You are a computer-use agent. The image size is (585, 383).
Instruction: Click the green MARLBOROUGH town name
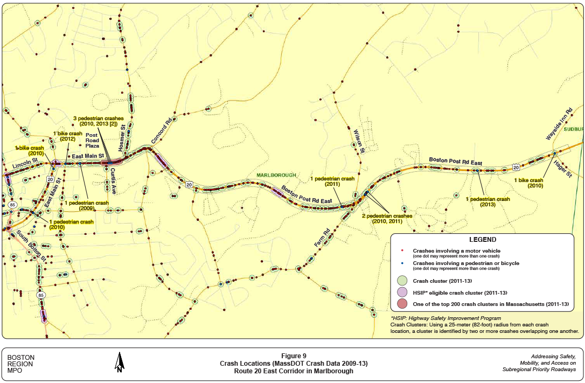coord(276,175)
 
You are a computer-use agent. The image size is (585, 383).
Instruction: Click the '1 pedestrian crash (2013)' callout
coord(488,202)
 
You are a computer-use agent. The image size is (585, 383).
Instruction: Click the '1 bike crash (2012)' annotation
coord(68,136)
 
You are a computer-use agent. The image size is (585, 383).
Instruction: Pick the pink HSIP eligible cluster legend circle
coord(401,292)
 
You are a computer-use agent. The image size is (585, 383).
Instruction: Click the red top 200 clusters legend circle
coord(401,304)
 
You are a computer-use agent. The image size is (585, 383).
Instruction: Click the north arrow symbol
coord(119,362)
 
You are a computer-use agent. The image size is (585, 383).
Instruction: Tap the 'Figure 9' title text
coord(294,356)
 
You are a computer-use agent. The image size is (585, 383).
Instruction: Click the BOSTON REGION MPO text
coord(21,364)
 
